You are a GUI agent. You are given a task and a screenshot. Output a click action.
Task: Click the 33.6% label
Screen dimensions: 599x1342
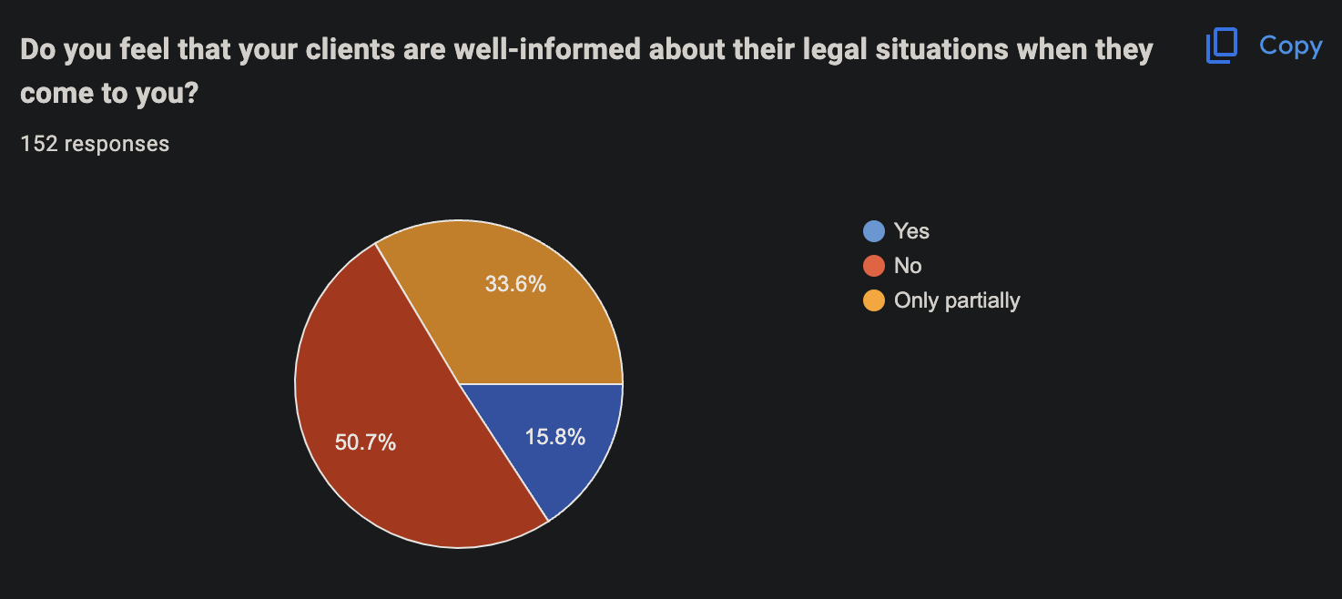[515, 284]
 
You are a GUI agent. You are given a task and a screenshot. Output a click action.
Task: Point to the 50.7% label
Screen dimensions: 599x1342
[365, 443]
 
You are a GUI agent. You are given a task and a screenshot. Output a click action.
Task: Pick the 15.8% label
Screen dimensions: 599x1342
[554, 437]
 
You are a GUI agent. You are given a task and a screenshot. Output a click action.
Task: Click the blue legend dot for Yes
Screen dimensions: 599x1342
[874, 231]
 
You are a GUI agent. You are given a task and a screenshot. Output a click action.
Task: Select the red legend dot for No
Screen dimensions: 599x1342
[874, 266]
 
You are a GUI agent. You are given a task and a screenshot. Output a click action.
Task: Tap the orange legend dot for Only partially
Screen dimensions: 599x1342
[874, 300]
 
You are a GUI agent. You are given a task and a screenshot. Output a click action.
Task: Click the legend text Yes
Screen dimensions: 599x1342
[911, 231]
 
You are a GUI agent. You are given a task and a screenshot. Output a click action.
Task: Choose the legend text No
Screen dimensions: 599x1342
[908, 266]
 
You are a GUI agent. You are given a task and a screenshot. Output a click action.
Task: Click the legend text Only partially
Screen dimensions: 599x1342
[957, 300]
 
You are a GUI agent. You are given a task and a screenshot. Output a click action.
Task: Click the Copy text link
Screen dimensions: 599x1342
[1290, 46]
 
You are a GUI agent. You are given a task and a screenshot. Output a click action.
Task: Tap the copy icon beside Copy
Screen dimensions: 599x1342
[1220, 46]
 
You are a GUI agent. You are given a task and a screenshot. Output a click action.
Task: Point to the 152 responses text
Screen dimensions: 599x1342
[95, 144]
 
